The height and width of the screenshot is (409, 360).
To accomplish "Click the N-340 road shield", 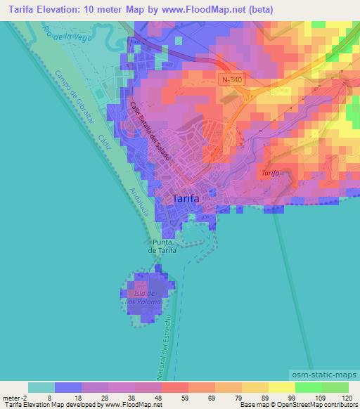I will tap(229, 81).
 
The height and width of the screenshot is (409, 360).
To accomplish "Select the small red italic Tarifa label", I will tap(270, 172).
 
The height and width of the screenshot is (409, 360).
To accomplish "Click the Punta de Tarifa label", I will tap(162, 245).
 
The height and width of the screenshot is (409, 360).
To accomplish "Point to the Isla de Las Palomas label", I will tap(144, 297).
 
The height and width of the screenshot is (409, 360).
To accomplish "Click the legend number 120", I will tap(347, 397).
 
